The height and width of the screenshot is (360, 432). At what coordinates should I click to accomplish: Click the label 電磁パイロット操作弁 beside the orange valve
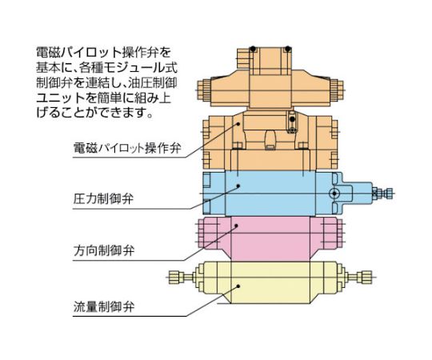coord(127,148)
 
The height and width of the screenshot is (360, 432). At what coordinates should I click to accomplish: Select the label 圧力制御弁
coord(103,198)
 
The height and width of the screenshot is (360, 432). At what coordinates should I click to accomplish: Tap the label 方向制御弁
coord(103,250)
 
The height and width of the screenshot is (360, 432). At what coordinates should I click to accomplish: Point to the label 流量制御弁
coord(103,306)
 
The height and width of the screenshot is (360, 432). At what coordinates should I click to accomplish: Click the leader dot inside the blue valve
coord(238,186)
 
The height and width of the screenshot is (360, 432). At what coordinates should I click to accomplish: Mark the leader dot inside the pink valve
coord(236,226)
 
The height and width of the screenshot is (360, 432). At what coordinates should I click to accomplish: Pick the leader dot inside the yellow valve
coord(238,286)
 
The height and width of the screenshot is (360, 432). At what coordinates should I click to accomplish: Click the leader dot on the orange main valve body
coord(238,124)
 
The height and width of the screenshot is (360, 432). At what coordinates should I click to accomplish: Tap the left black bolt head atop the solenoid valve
coord(253,49)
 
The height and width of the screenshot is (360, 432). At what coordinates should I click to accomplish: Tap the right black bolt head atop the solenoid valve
coord(288,49)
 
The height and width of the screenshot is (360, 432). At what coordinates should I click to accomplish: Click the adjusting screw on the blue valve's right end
coord(382,194)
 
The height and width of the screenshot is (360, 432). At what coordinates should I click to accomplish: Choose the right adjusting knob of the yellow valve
coord(364,277)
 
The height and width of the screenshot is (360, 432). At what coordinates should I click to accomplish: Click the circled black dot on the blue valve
coord(334,194)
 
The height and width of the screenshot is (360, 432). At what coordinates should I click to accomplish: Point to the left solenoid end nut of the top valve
coord(204,90)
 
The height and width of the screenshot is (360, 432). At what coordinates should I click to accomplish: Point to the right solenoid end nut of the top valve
coord(336,90)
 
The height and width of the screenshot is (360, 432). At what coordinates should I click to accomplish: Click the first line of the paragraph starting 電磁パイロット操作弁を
coord(103,52)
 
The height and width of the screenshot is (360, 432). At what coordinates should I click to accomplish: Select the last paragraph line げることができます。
coord(94,113)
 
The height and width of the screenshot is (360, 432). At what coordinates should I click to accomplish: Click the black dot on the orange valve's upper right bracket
coord(293,119)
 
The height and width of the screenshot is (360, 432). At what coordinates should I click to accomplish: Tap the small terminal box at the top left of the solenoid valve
coord(244,58)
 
